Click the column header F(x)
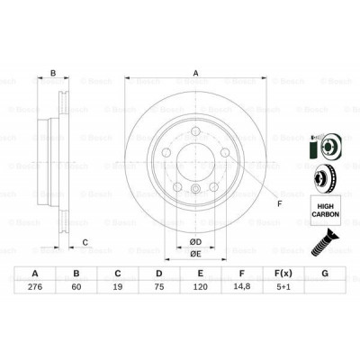pos(283,274)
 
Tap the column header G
pos(325,274)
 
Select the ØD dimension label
pos(194,241)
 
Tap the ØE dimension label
pos(194,255)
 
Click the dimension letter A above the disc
pos(194,74)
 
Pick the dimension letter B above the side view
pos(53,74)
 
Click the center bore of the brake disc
pos(194,161)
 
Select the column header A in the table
pos(35,274)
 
